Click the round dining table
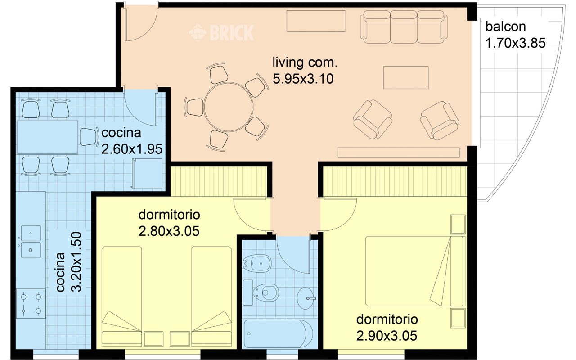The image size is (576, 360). pyautogui.click(x=229, y=107)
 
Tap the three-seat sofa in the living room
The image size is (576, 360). pyautogui.click(x=404, y=27)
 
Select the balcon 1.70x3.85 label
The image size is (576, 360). pyautogui.click(x=515, y=35)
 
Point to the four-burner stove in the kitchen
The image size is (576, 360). pyautogui.click(x=31, y=304)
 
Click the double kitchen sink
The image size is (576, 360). pyautogui.click(x=31, y=242)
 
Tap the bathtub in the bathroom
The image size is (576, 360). pyautogui.click(x=278, y=333)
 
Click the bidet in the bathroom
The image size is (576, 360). pyautogui.click(x=257, y=263)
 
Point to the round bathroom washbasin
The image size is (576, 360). pyautogui.click(x=306, y=298)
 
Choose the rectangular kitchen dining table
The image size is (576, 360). pyautogui.click(x=48, y=137)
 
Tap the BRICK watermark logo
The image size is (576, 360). pyautogui.click(x=222, y=33)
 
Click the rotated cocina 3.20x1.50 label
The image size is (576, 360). pyautogui.click(x=69, y=262)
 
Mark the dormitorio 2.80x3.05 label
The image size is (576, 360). pyautogui.click(x=169, y=223)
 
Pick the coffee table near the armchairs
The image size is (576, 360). pyautogui.click(x=406, y=78)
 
